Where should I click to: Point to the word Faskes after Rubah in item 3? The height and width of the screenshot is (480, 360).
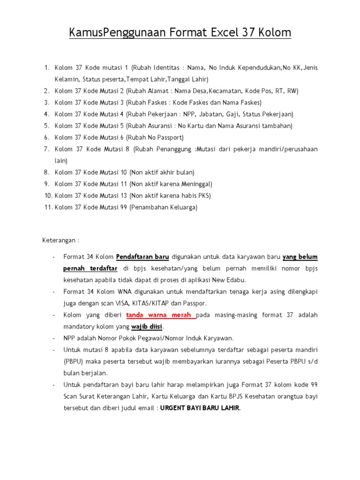click(164, 103)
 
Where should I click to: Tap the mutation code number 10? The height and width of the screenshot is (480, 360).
click(120, 172)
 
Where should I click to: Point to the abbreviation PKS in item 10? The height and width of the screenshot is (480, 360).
click(203, 196)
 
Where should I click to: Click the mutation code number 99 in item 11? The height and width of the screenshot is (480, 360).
click(120, 208)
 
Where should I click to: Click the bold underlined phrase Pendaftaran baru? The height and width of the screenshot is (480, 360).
click(142, 257)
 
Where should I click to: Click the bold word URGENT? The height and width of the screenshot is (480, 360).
click(174, 408)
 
